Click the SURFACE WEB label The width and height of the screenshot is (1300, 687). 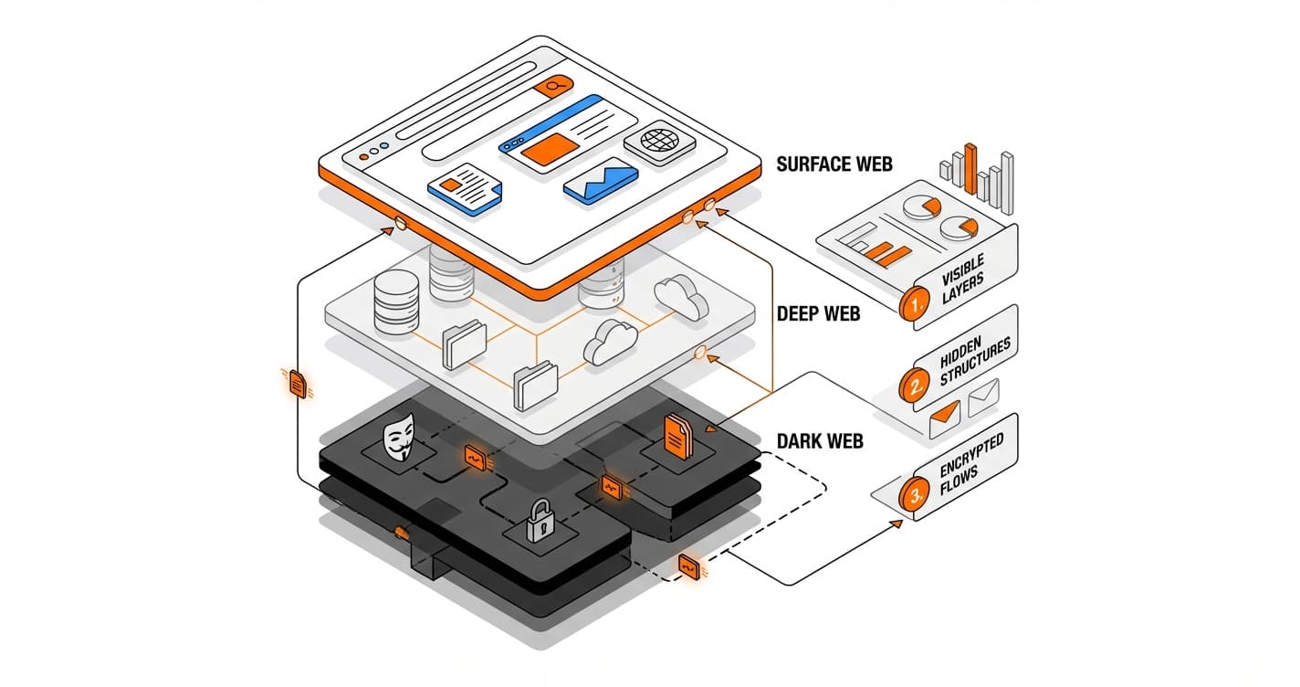[833, 164]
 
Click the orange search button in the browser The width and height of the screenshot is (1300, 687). [553, 86]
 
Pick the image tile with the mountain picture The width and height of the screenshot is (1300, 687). [600, 181]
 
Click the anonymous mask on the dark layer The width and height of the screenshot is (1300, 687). [399, 439]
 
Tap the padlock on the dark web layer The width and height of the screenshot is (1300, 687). [540, 522]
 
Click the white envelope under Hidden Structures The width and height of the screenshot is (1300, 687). [983, 395]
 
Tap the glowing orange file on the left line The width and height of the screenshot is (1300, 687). [297, 384]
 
